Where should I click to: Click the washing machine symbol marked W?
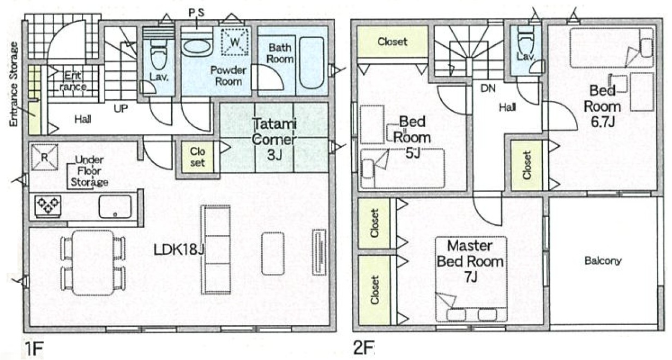click(x=235, y=41)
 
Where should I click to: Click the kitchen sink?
click(x=115, y=207)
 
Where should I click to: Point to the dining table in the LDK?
click(x=93, y=263)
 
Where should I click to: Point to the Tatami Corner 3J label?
click(x=274, y=139)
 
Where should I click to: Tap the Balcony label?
click(x=603, y=261)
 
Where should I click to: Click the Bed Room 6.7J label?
click(x=603, y=106)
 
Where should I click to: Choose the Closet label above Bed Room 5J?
click(x=392, y=41)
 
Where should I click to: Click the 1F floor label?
click(x=33, y=347)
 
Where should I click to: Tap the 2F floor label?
click(x=363, y=347)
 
